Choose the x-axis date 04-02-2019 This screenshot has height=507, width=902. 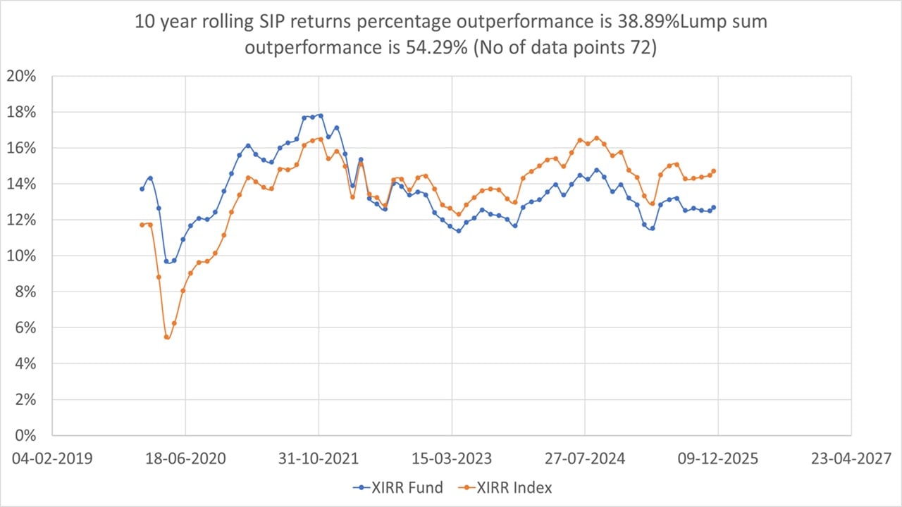[52, 458]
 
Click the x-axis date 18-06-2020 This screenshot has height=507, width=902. [185, 458]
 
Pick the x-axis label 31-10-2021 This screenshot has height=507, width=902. [319, 458]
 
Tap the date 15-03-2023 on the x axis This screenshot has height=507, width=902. [452, 458]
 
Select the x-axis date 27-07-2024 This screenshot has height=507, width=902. [585, 458]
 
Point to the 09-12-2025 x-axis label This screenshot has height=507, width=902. [718, 458]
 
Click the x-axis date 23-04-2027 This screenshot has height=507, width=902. [851, 458]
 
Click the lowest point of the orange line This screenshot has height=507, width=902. [166, 337]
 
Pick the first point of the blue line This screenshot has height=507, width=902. [142, 189]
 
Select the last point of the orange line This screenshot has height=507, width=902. [714, 171]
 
